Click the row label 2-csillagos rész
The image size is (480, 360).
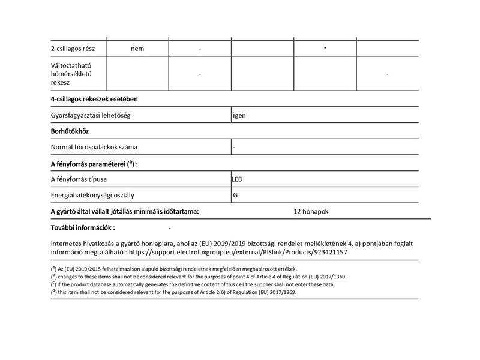coord(79,49)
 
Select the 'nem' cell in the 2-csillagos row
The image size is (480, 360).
coord(137,49)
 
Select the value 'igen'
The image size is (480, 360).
coord(239,114)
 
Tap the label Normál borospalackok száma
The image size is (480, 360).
coord(98,146)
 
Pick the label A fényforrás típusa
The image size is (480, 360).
coord(79,179)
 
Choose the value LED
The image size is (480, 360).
coord(238,179)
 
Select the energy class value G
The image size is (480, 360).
coord(235,195)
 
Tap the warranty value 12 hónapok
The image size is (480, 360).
coord(311,211)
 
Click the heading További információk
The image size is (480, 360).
coord(83,228)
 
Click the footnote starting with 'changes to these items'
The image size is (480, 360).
coord(198,277)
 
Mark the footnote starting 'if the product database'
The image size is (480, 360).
coord(192,284)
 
